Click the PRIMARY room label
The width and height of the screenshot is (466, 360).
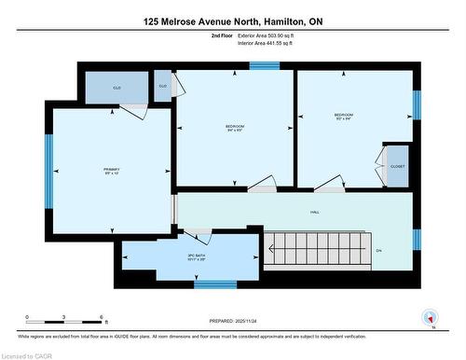tap(110, 169)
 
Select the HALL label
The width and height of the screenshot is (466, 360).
tap(316, 213)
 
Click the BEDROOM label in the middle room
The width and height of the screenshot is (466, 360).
tap(234, 126)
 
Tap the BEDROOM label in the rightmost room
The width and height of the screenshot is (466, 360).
tap(344, 115)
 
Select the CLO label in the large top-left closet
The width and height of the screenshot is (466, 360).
tap(117, 87)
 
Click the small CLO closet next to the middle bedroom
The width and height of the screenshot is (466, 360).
tap(163, 86)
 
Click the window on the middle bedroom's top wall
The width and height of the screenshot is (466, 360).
tap(264, 65)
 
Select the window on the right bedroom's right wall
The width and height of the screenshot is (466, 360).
tap(417, 104)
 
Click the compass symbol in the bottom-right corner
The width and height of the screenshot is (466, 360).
tap(430, 317)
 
